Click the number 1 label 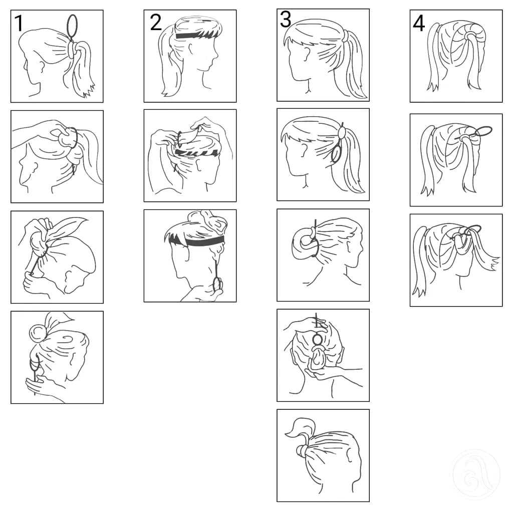pos(19,23)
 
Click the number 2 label pos(155,23)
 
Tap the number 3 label pos(285,20)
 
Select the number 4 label pos(419,23)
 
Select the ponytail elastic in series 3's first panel pos(345,36)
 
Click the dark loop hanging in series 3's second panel pos(336,153)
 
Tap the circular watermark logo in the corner pos(476,473)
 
